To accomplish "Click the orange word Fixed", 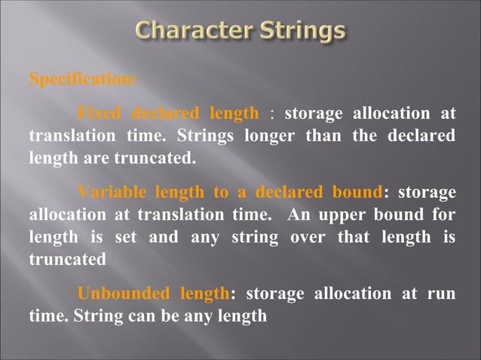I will pyautogui.click(x=100, y=114).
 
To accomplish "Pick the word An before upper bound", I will pyautogui.click(x=299, y=214).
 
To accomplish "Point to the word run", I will pyautogui.click(x=442, y=293).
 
